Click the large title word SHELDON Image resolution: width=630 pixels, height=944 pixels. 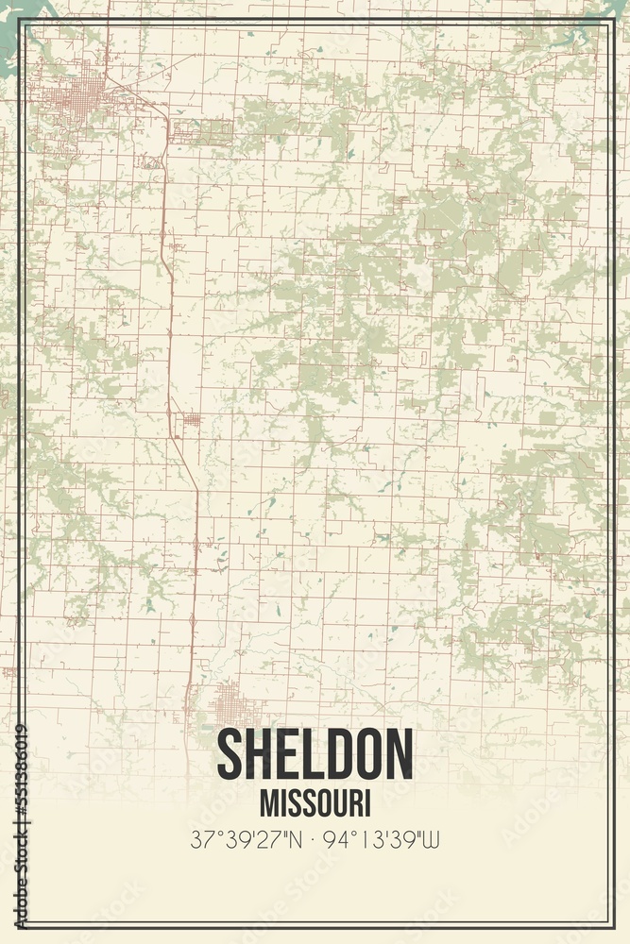pyautogui.click(x=315, y=754)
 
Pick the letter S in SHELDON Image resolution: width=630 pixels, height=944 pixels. pyautogui.click(x=230, y=754)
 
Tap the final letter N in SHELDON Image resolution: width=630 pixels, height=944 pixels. pyautogui.click(x=398, y=754)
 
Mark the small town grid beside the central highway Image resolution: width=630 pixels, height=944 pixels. pyautogui.click(x=192, y=420)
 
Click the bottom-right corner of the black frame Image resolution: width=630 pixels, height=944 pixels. pyautogui.click(x=611, y=924)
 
